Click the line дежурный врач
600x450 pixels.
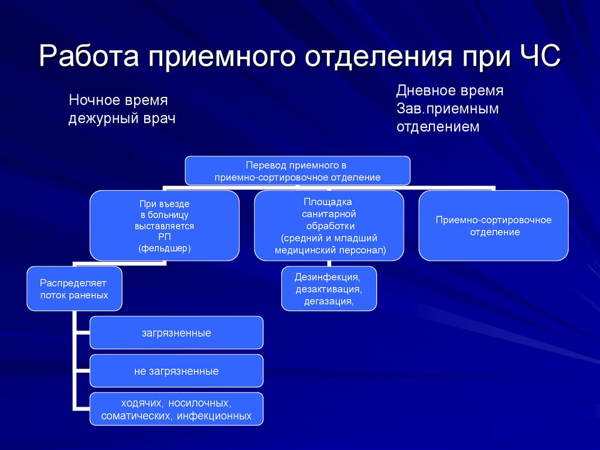coord(122,118)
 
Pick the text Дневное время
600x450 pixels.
coord(449,91)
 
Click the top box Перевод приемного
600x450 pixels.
coord(298,171)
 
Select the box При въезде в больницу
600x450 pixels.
coord(164,225)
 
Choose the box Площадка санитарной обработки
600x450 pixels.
coord(329,225)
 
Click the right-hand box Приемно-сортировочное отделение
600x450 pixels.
coord(493,225)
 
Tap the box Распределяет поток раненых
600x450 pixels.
coord(74,289)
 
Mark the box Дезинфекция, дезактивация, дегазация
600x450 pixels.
coord(329,288)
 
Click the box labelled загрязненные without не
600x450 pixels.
coord(176,333)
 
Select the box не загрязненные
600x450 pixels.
coord(176,371)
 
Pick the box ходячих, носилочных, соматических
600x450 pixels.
coord(176,410)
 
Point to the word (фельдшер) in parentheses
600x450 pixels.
coord(165,248)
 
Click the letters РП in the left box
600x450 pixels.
coord(164,236)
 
